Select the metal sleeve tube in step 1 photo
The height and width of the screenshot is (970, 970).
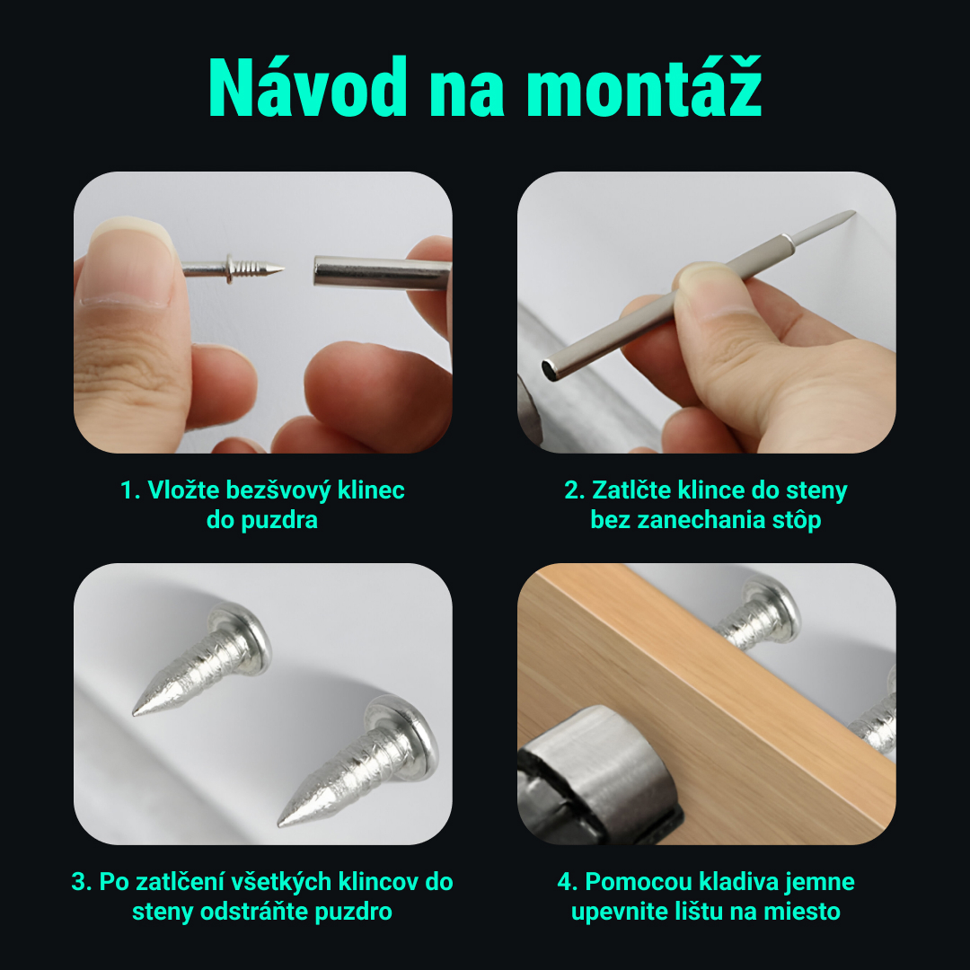pos(377,271)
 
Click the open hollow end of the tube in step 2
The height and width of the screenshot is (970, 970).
pos(550,366)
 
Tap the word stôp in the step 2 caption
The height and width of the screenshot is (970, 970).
pos(796,520)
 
